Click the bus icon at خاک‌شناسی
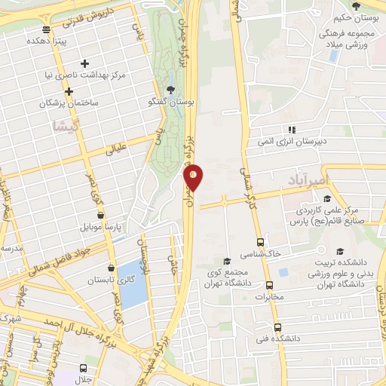(260, 243)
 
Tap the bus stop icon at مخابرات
(270, 286)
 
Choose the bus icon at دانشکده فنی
(279, 328)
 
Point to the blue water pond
(132, 283)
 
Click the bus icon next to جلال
(83, 369)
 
